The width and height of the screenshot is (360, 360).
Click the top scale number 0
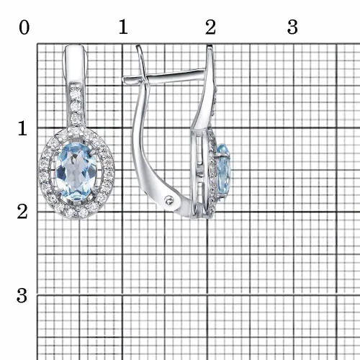coord(24,27)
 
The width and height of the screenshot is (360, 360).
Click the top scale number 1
coord(123,27)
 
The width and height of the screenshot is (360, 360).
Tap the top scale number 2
coord(210,27)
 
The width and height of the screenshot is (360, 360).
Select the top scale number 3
coord(292,27)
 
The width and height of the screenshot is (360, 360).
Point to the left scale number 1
coord(22,128)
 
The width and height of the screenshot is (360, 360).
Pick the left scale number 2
coord(22,212)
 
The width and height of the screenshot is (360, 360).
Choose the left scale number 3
coord(22,295)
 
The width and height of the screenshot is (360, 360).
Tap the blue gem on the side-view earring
coord(224,171)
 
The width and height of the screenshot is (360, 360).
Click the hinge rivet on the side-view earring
coord(170,200)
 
